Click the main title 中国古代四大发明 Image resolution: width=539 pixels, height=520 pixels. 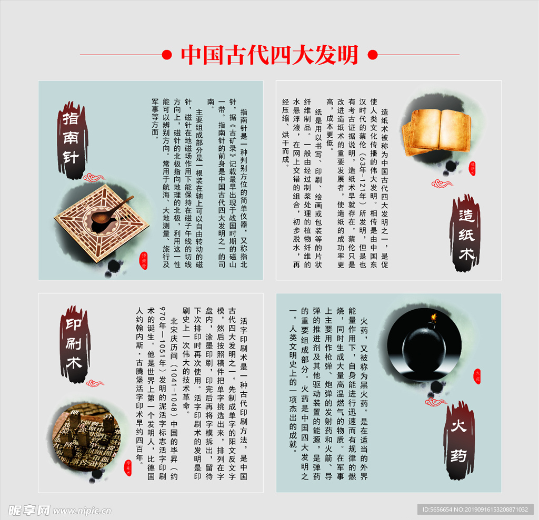pos(269,55)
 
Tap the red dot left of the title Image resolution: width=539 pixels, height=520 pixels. pos(167,55)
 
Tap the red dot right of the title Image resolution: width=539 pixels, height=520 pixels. pos(372,55)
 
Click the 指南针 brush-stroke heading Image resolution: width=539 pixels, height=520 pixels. pos(71,138)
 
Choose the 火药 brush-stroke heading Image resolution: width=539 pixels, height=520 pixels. pos(459,441)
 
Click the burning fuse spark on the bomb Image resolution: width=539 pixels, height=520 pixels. pos(434,317)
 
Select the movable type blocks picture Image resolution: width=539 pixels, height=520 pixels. pos(87,436)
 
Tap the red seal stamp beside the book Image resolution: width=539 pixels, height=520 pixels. pos(472,168)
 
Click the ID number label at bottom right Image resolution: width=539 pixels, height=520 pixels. pos(476,510)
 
